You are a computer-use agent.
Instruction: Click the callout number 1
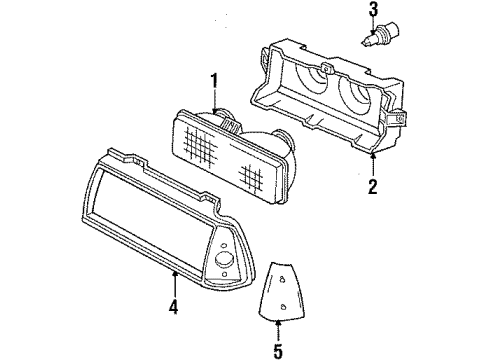(x=213, y=80)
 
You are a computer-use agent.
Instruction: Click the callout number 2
(x=372, y=186)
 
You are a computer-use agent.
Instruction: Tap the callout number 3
(x=373, y=11)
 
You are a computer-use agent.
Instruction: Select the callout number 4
(x=173, y=306)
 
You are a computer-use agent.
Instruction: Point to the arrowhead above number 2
(x=372, y=158)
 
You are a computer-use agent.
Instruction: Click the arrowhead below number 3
(x=373, y=30)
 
